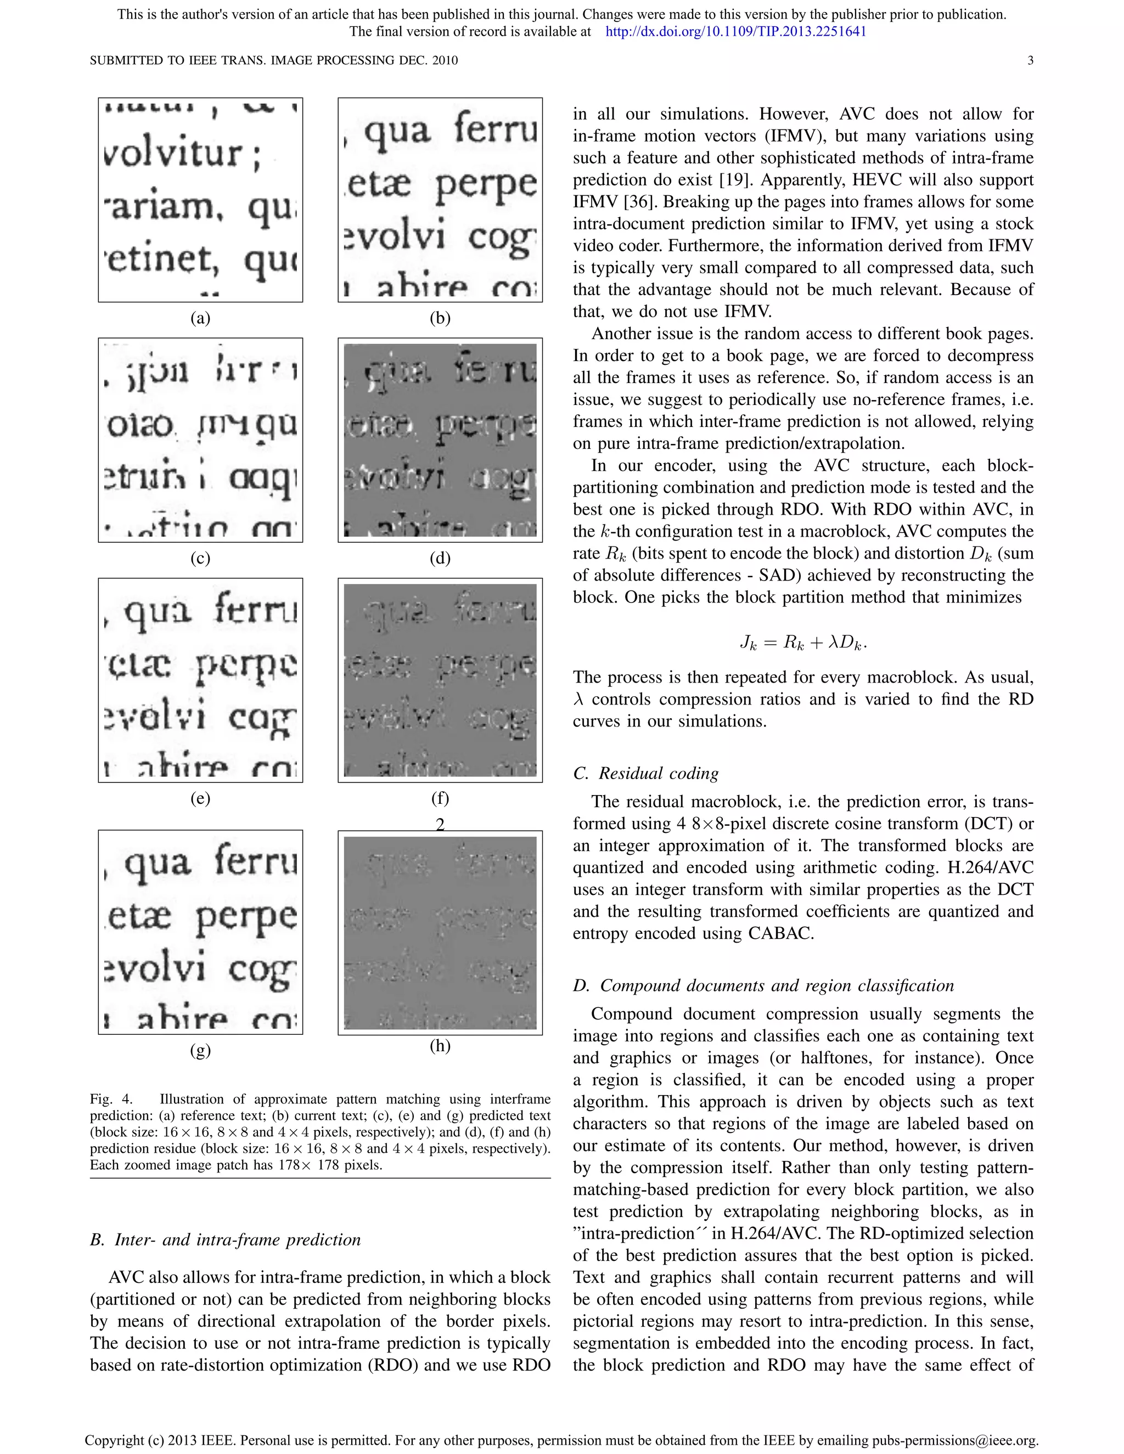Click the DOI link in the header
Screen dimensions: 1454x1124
736,31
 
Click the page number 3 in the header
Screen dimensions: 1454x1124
1030,60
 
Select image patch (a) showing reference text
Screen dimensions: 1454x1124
200,200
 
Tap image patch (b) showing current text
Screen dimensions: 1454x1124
440,200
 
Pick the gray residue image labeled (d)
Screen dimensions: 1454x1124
440,440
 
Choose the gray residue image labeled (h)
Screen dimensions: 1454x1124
440,933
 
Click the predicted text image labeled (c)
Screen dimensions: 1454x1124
200,440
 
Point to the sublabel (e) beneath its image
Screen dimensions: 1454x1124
200,798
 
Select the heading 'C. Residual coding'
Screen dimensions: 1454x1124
645,773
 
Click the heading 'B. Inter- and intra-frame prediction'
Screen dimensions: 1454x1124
225,1239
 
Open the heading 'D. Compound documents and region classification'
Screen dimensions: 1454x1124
763,985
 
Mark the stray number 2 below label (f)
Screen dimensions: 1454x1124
440,825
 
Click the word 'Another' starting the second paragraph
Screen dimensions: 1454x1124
619,334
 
